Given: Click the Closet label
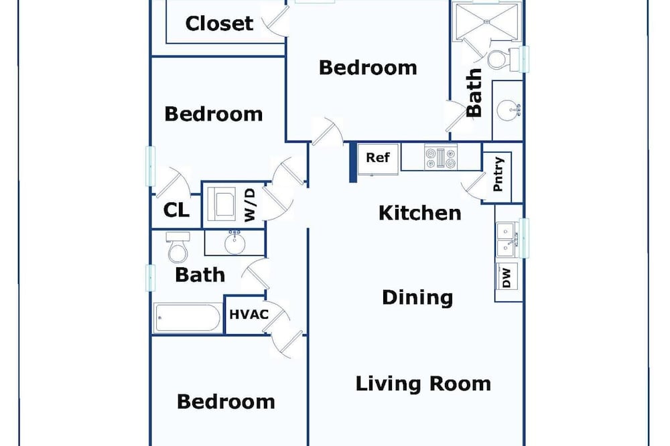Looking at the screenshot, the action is coord(219,23).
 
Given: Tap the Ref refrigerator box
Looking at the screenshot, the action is coord(378,159).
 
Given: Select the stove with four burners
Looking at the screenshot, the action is coord(441,157).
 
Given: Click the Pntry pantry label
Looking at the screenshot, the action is coord(498,174).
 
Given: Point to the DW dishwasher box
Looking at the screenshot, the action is coord(507,276).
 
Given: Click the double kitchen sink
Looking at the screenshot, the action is coord(507,240).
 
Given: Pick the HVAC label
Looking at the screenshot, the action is coord(249,315).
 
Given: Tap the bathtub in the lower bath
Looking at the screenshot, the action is coord(188,317).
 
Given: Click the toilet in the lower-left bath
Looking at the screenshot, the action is coord(178,248).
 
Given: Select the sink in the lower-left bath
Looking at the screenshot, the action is coord(234,242).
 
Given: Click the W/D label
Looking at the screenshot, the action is coord(250,205).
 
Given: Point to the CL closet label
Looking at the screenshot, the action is coord(176,210).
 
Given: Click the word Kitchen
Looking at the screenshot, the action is coord(420,213).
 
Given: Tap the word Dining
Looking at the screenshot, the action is coord(417,297).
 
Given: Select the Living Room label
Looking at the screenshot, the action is coord(423,384).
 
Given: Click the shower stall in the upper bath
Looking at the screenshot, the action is coord(486,20).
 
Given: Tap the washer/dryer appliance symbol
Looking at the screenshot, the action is coord(220,204).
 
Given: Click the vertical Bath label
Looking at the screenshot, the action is coord(474,92).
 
